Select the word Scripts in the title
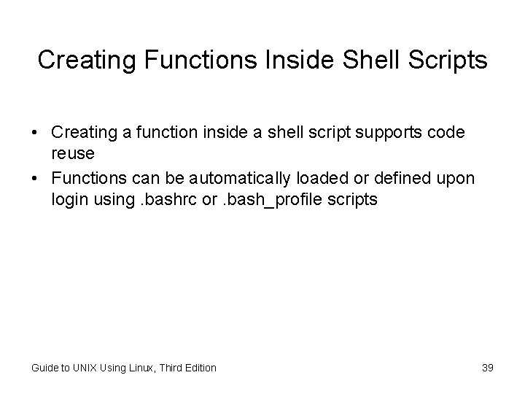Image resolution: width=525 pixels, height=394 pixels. coord(448,61)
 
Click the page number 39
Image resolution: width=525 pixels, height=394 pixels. coord(488,368)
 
